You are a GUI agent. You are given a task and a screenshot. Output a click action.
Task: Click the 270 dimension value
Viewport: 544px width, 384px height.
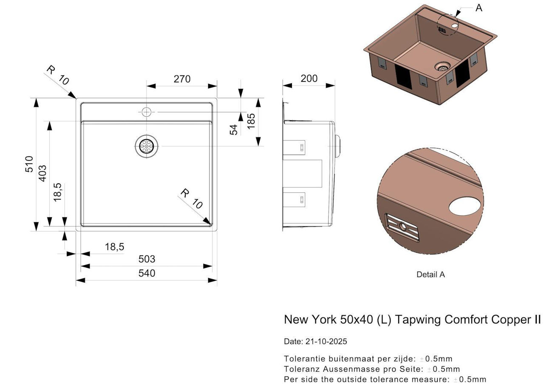(x=182, y=79)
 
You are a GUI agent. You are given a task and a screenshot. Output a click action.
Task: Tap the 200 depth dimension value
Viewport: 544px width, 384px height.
(x=309, y=78)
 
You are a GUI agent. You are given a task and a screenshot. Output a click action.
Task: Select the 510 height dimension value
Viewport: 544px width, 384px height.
(x=29, y=164)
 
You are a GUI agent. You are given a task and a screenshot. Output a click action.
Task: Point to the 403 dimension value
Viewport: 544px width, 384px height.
(x=42, y=173)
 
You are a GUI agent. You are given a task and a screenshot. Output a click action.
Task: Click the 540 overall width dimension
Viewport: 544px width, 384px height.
(x=147, y=273)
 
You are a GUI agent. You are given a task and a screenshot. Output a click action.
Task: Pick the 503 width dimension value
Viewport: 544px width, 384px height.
(x=147, y=259)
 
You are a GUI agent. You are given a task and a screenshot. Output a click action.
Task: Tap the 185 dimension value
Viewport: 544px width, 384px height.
(x=251, y=121)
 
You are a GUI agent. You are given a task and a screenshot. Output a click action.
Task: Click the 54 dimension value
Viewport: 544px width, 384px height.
(x=234, y=130)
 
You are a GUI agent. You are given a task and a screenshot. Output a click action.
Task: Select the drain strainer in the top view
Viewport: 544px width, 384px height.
(x=147, y=146)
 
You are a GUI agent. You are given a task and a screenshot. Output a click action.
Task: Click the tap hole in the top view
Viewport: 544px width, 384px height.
(x=147, y=112)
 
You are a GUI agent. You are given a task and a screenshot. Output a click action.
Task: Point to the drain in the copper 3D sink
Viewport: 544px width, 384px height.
(x=442, y=67)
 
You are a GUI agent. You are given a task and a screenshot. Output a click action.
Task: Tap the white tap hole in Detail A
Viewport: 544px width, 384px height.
(x=465, y=206)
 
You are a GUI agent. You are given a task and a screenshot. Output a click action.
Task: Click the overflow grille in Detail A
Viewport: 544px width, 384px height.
(x=402, y=227)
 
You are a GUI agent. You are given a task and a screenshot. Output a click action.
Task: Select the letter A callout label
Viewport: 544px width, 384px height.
(x=479, y=8)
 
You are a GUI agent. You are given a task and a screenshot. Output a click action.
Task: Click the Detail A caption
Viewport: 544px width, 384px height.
(x=431, y=275)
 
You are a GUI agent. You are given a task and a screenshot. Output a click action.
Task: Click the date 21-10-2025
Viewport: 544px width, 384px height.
(x=326, y=341)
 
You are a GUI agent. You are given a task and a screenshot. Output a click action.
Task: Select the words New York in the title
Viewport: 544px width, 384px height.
(x=310, y=320)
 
